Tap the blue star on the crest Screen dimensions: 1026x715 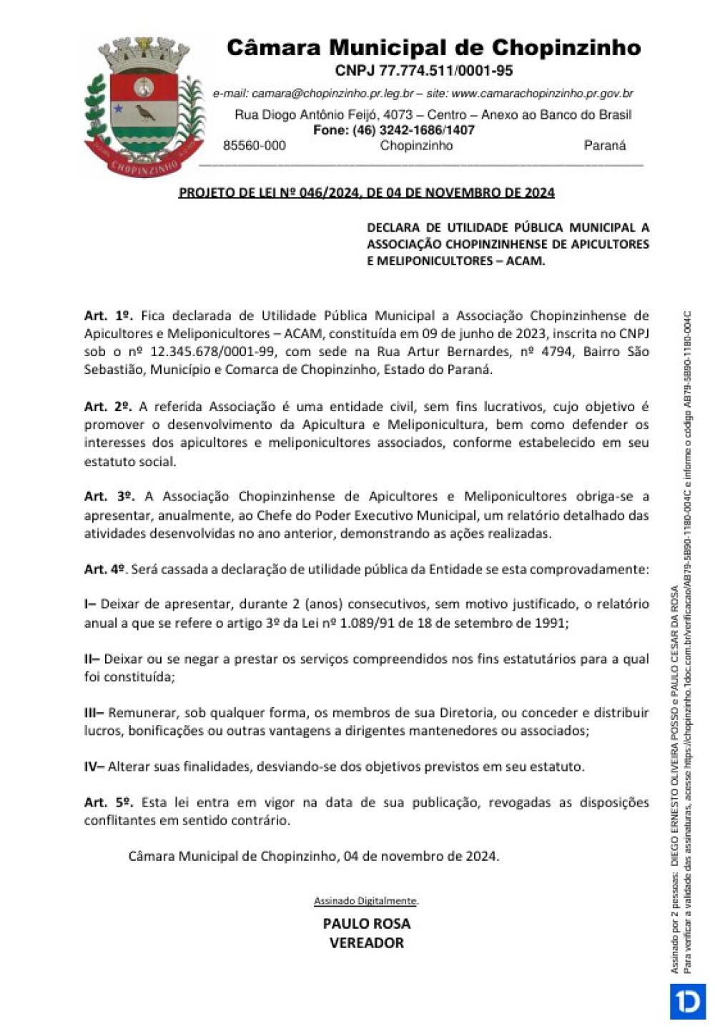pyautogui.click(x=118, y=109)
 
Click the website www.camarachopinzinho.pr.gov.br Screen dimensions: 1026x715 pyautogui.click(x=543, y=94)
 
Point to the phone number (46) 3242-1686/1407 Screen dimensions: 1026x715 pyautogui.click(x=413, y=130)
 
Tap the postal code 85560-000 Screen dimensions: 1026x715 pyautogui.click(x=254, y=145)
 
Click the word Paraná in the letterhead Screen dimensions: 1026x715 pyautogui.click(x=604, y=145)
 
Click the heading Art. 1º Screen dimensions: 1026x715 pyautogui.click(x=109, y=315)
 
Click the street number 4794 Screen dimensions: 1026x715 pyautogui.click(x=553, y=351)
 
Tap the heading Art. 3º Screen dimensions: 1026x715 pyautogui.click(x=109, y=496)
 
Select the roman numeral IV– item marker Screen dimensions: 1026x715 pyautogui.click(x=94, y=766)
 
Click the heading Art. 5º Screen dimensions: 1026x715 pyautogui.click(x=109, y=802)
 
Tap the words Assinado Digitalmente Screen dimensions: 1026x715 pyautogui.click(x=366, y=901)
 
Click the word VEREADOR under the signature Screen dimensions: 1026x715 pyautogui.click(x=366, y=942)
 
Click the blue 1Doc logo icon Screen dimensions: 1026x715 pyautogui.click(x=687, y=1001)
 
